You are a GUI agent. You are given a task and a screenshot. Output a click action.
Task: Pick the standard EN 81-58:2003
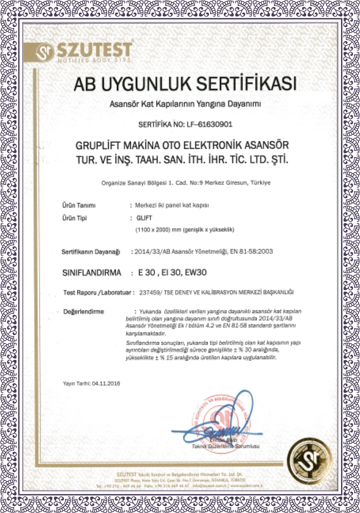245,251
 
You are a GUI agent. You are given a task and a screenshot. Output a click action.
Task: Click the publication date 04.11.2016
106,383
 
